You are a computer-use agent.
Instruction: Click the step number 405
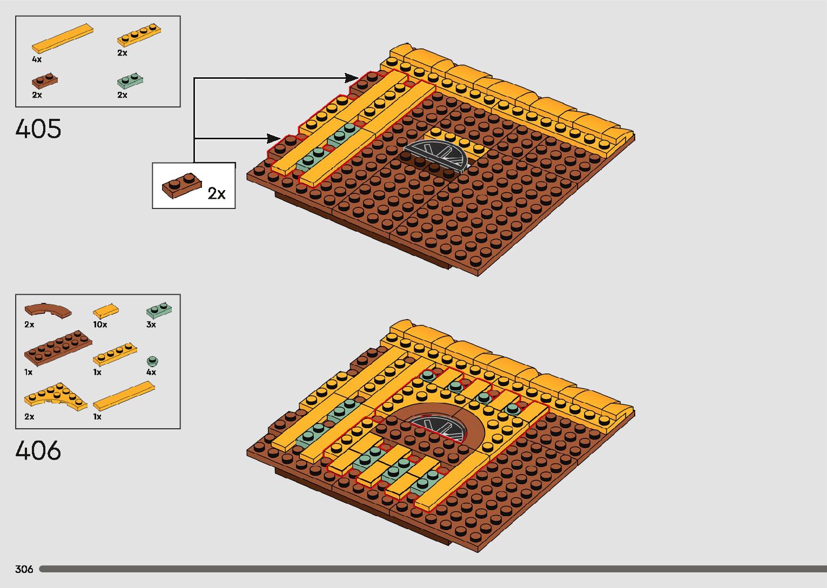(38, 129)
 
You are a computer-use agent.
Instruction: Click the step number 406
(38, 451)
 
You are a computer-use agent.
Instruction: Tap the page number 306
(24, 569)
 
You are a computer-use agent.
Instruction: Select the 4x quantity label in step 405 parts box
(36, 59)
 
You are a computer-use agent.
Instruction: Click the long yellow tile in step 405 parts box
(62, 38)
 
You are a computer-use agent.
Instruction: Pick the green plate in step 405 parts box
(130, 82)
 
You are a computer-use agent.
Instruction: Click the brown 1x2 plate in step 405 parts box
(45, 81)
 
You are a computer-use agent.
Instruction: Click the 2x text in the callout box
(217, 194)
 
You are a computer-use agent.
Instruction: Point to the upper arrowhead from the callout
(352, 78)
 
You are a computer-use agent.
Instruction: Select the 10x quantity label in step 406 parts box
(100, 325)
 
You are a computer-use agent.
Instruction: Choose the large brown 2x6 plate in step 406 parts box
(58, 346)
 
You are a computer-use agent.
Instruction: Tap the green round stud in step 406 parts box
(153, 361)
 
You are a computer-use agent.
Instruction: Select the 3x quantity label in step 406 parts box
(151, 325)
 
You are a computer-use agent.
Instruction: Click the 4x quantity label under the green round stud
(151, 372)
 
